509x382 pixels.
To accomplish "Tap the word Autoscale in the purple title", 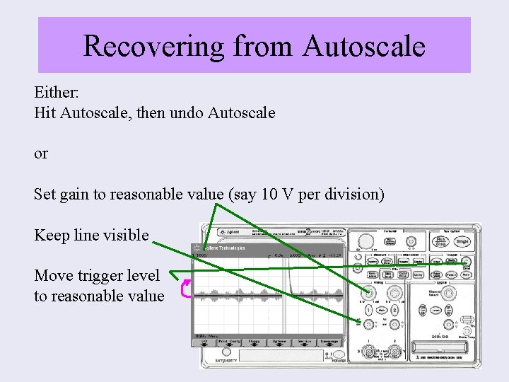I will pos(364,46).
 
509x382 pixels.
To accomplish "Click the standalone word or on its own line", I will pos(41,154).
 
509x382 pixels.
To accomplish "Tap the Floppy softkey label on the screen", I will pos(254,340).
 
